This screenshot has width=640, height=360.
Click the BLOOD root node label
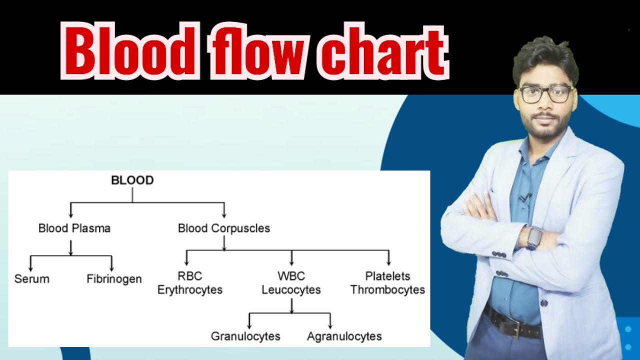(x=132, y=180)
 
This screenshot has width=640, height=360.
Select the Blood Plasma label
(x=74, y=228)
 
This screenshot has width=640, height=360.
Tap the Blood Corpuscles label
(x=224, y=228)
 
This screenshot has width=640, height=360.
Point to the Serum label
(x=32, y=279)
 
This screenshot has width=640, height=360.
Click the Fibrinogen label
(x=114, y=279)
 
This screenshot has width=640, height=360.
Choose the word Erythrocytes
(x=190, y=290)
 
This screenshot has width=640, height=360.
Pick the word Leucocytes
(x=291, y=290)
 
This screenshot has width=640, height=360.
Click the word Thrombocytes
(x=387, y=290)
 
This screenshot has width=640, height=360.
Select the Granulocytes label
(x=245, y=336)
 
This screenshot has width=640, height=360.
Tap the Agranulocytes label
(x=344, y=336)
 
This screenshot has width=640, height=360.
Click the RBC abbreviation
(x=189, y=276)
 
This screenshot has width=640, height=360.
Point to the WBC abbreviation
(x=291, y=276)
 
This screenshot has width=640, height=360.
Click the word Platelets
(x=387, y=276)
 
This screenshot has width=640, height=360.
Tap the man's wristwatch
(x=534, y=237)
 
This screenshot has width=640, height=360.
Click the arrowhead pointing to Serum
(x=31, y=268)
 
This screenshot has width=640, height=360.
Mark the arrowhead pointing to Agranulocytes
(x=330, y=325)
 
